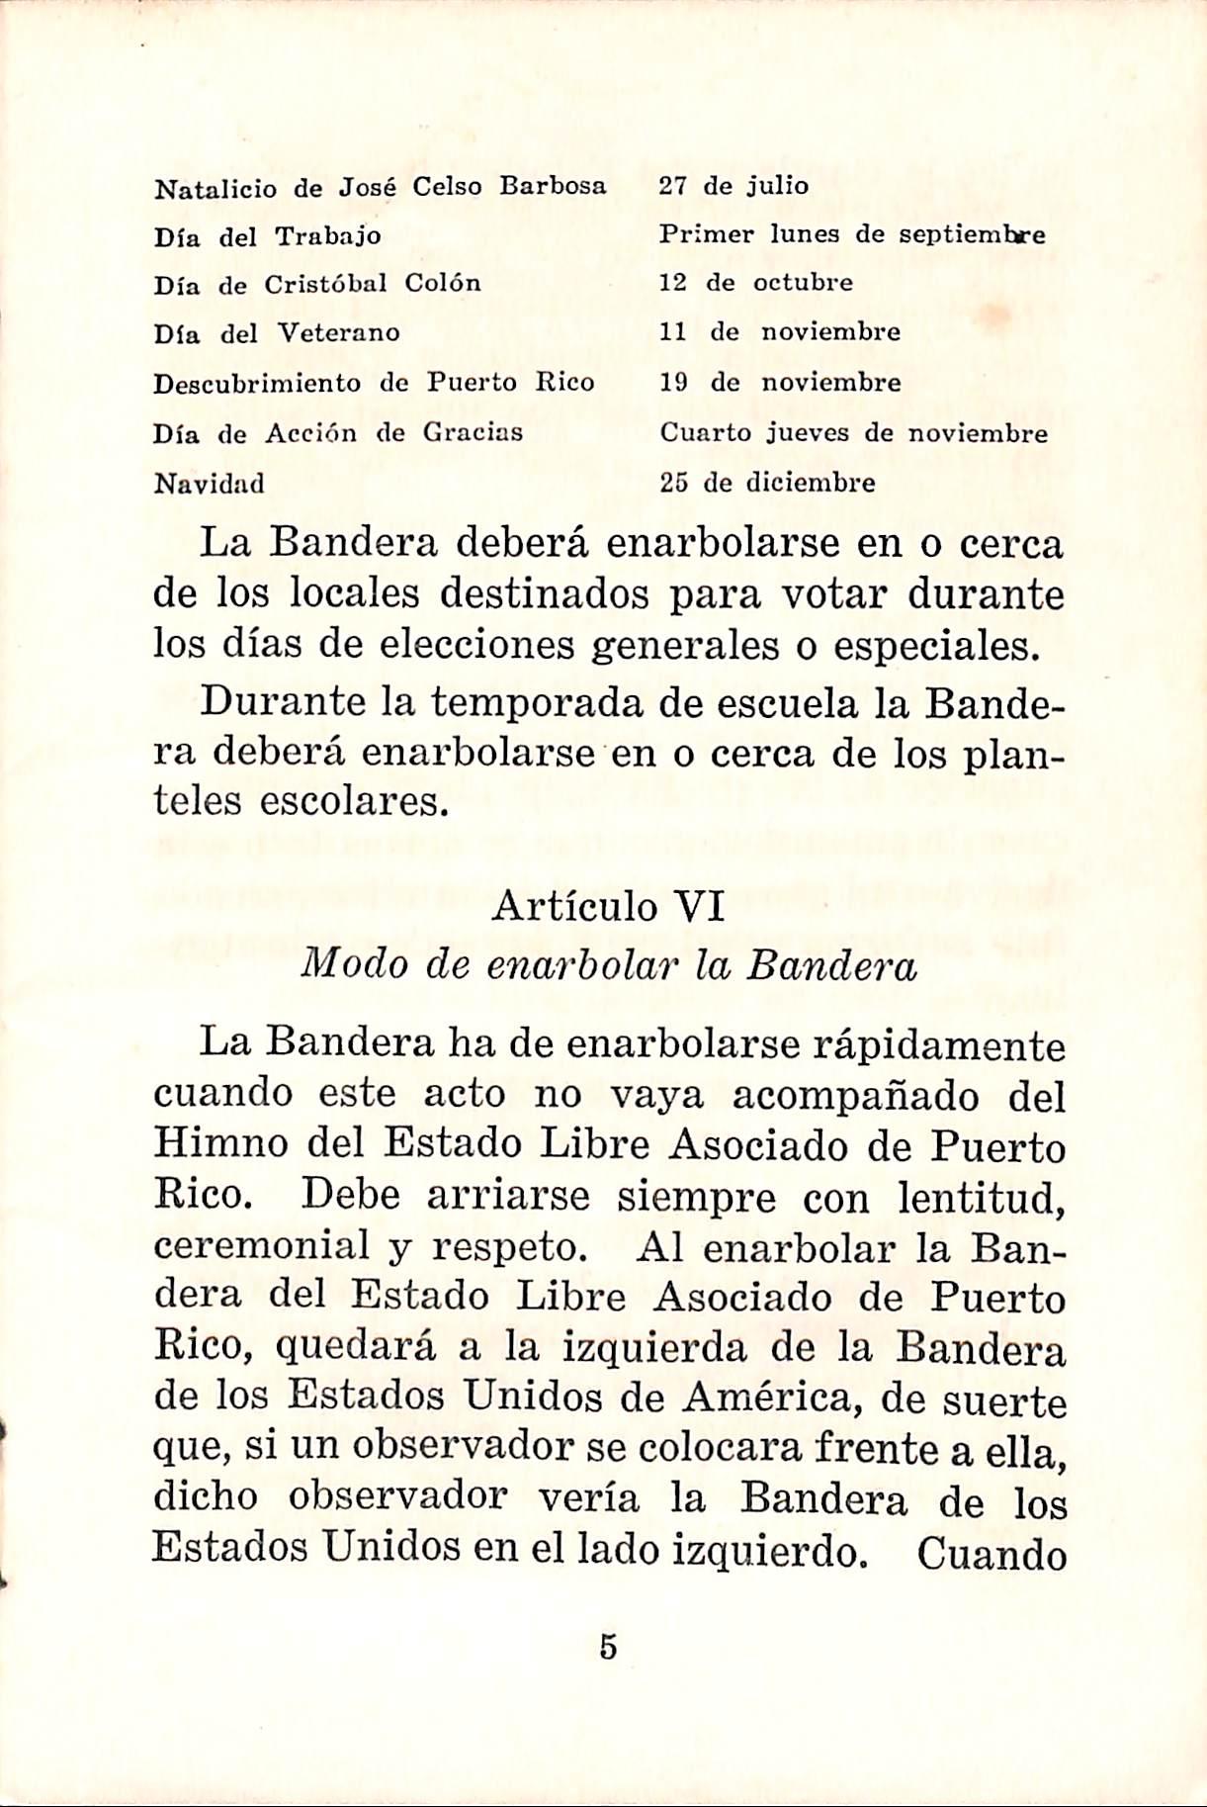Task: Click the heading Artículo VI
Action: pyautogui.click(x=608, y=906)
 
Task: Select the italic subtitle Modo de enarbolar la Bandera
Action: pyautogui.click(x=608, y=965)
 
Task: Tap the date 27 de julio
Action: pyautogui.click(x=733, y=186)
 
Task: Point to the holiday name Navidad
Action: pyautogui.click(x=210, y=484)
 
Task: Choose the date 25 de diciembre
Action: pyautogui.click(x=767, y=484)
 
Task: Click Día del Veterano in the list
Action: pyautogui.click(x=277, y=333)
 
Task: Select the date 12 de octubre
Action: pyautogui.click(x=755, y=283)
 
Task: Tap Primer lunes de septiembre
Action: pyautogui.click(x=852, y=235)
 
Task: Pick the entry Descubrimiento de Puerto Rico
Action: pyautogui.click(x=374, y=383)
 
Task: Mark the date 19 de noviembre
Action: pyautogui.click(x=780, y=383)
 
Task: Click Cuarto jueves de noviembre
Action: pyautogui.click(x=853, y=433)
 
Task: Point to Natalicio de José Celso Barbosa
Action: pyautogui.click(x=380, y=187)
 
